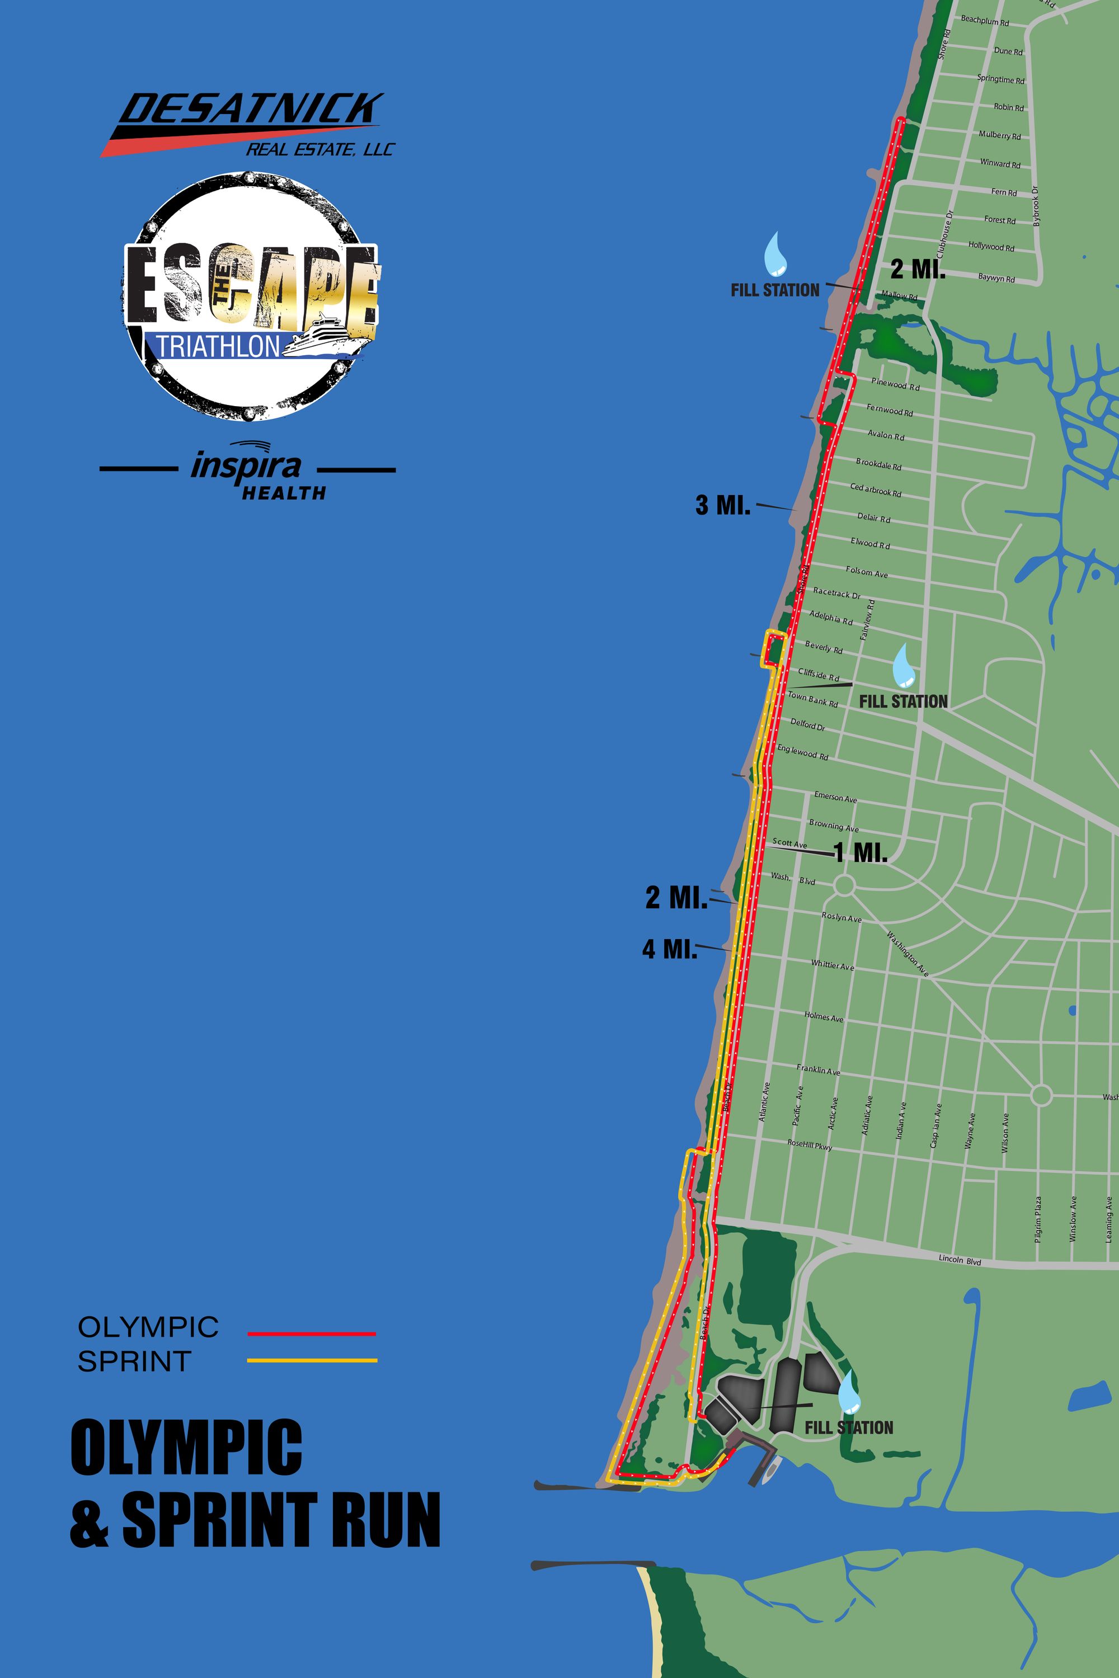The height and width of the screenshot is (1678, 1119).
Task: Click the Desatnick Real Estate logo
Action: [246, 125]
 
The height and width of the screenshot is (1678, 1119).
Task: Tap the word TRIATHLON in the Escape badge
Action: [218, 346]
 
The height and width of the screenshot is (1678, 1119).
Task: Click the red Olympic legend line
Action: [311, 1333]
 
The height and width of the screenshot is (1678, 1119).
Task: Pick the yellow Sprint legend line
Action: [311, 1360]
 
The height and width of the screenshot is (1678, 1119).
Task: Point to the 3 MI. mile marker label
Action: [722, 506]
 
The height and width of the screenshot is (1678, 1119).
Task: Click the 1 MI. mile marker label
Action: [861, 852]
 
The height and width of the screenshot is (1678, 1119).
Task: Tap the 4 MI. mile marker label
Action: [669, 949]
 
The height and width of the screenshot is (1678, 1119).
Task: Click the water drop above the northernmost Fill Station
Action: [775, 254]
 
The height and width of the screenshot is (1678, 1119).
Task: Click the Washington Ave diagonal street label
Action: [907, 953]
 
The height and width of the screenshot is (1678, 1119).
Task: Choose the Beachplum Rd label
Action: [984, 21]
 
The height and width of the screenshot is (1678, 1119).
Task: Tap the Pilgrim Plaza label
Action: [1038, 1219]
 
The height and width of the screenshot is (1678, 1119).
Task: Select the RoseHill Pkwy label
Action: [809, 1144]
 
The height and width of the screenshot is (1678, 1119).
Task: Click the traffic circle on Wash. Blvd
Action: [844, 885]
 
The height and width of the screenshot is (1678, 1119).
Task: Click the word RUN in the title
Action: [383, 1520]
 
